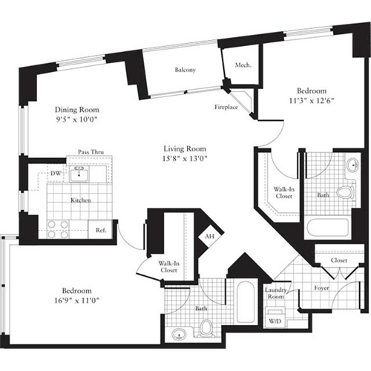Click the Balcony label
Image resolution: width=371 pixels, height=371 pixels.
[185, 70]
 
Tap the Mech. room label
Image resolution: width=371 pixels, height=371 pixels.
[243, 65]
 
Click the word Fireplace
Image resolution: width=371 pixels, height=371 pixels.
[228, 107]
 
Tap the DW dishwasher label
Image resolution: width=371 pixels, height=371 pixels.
[55, 174]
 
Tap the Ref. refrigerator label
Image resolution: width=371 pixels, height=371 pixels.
[101, 231]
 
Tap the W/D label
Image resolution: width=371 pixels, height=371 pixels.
[275, 322]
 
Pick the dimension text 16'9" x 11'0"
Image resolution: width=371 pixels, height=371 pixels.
[76, 300]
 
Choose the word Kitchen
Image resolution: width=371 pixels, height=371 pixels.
[80, 201]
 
